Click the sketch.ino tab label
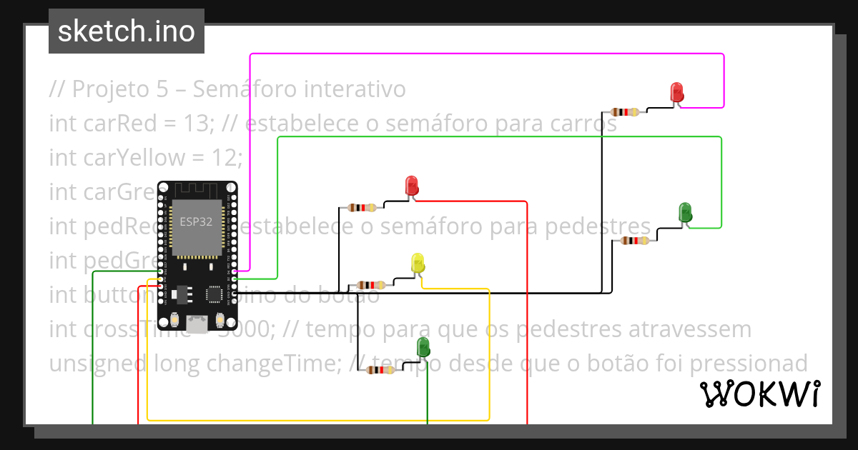click(x=127, y=31)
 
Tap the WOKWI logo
click(x=759, y=394)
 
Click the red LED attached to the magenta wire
click(x=676, y=93)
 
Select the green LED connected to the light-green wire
click(x=685, y=211)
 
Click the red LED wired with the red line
click(x=412, y=186)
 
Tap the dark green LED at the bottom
click(x=424, y=348)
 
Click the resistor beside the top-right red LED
click(x=626, y=112)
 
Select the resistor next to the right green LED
click(x=634, y=241)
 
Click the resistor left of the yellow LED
click(x=370, y=285)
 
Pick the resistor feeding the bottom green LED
click(x=380, y=370)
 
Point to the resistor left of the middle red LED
click(x=361, y=208)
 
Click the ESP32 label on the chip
click(x=195, y=222)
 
